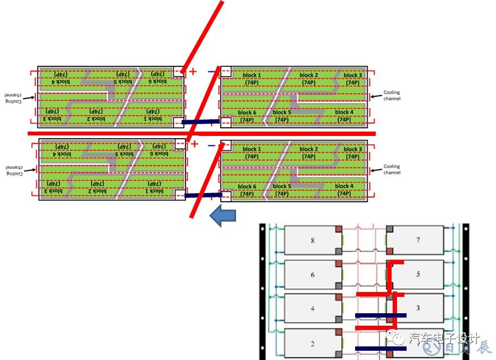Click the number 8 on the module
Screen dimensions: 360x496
[312, 240]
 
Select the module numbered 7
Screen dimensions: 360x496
[418, 240]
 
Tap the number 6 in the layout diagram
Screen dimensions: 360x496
[312, 275]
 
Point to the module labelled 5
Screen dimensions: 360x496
[418, 274]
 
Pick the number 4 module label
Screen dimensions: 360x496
[312, 309]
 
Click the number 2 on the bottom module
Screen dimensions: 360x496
[312, 344]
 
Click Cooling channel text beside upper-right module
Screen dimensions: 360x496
[392, 96]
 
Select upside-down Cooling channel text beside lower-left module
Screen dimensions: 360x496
[11, 170]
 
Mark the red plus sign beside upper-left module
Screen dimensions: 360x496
[193, 71]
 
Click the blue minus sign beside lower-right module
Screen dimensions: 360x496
[211, 145]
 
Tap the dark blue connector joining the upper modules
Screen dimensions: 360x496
[201, 122]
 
